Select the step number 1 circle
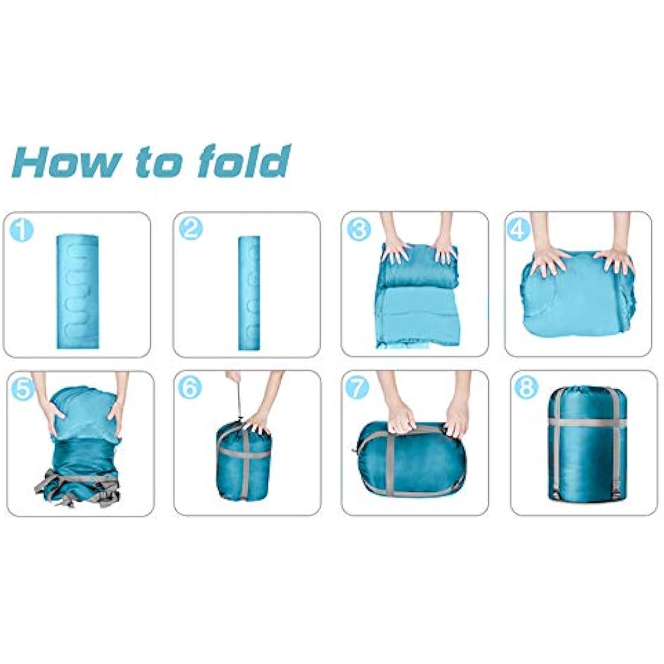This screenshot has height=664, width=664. (x=22, y=231)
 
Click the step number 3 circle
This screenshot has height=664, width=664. (x=359, y=230)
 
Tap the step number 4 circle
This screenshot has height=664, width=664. (x=519, y=230)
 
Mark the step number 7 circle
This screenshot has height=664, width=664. (x=357, y=388)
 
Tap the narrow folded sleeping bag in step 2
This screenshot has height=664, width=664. (x=249, y=293)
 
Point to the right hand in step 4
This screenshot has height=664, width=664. (x=614, y=259)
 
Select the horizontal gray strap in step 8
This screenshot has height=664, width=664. (x=588, y=422)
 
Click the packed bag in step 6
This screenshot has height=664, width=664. (x=244, y=459)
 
